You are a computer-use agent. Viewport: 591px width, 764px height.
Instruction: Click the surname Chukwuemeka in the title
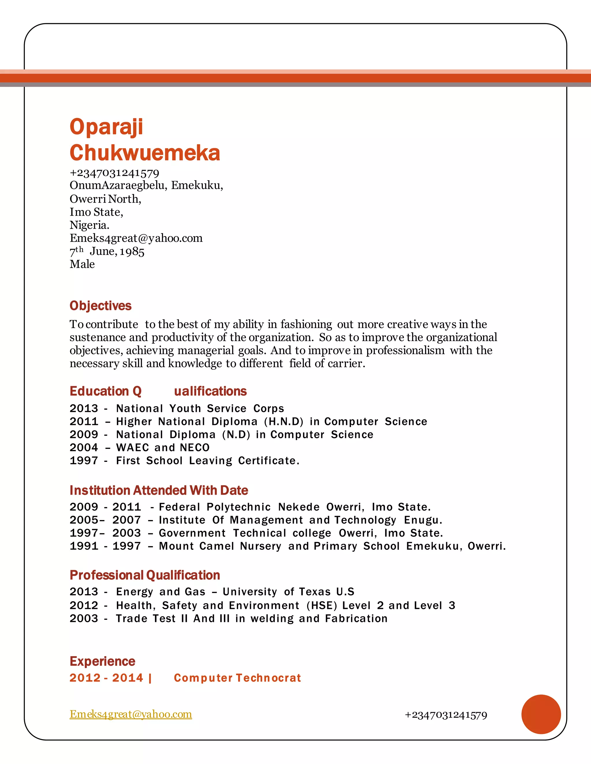(x=145, y=153)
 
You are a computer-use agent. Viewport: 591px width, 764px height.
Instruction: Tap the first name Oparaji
(x=106, y=127)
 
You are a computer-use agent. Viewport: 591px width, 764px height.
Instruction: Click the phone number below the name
(x=115, y=173)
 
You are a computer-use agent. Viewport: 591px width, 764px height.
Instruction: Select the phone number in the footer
(x=446, y=715)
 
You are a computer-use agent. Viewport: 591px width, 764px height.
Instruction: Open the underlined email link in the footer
(x=131, y=714)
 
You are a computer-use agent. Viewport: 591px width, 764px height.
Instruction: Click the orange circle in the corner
(x=541, y=714)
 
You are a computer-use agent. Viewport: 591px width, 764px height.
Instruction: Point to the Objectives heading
(x=100, y=306)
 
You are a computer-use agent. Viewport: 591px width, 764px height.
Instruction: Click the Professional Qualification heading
(x=145, y=575)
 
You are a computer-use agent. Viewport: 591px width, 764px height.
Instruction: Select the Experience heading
(x=102, y=661)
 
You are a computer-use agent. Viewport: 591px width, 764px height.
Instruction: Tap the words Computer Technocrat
(x=237, y=678)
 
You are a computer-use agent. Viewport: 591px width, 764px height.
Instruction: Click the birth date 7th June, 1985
(x=107, y=251)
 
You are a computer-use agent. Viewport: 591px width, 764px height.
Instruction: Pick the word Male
(x=82, y=264)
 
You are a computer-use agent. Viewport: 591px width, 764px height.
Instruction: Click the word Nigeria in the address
(x=89, y=225)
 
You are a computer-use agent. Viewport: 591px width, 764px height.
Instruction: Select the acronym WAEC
(x=132, y=447)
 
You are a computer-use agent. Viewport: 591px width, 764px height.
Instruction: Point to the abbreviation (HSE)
(x=322, y=605)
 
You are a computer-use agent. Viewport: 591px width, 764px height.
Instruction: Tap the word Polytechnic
(x=238, y=507)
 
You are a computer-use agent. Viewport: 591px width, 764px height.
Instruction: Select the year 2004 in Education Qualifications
(x=84, y=447)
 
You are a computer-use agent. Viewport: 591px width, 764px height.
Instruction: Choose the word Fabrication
(x=356, y=618)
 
